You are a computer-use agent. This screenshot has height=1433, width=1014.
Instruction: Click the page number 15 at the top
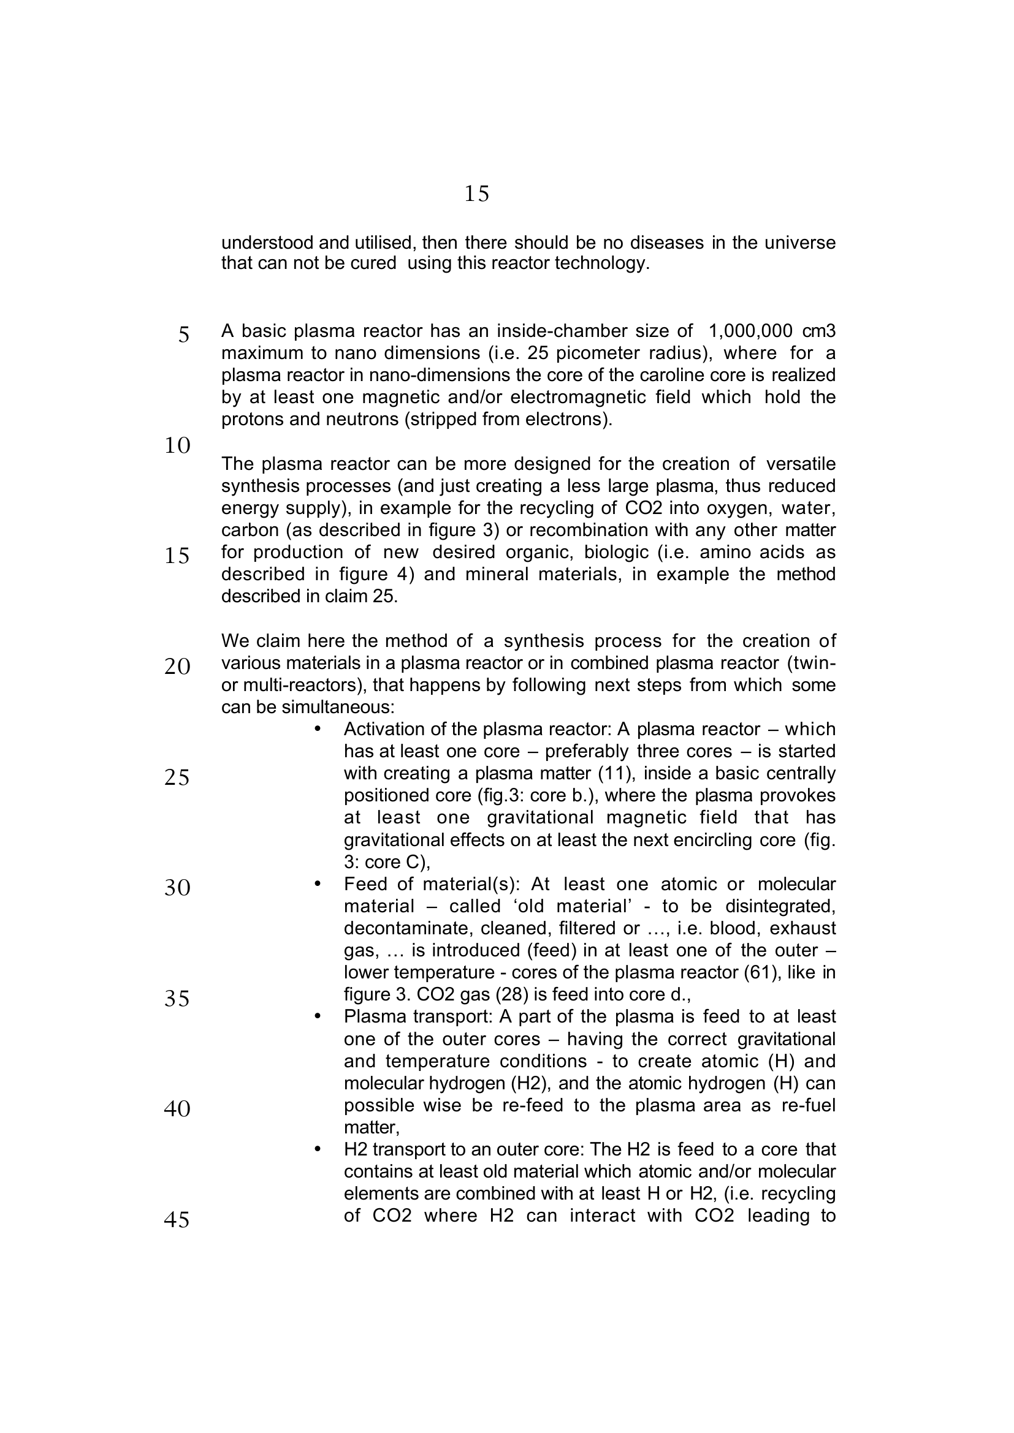point(476,194)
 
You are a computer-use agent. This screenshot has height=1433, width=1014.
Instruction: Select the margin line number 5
point(183,335)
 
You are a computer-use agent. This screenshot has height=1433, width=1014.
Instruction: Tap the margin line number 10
point(177,445)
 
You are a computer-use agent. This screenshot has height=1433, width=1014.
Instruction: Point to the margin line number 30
point(177,888)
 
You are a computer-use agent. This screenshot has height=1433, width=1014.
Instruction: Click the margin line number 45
point(177,1219)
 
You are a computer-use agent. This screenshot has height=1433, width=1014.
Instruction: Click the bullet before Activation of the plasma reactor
point(317,729)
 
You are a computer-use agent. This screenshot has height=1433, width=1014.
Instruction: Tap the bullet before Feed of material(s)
point(317,884)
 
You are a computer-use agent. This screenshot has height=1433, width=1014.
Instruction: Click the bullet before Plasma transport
point(317,1017)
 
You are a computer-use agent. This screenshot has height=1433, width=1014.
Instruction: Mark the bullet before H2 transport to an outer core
point(317,1149)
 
